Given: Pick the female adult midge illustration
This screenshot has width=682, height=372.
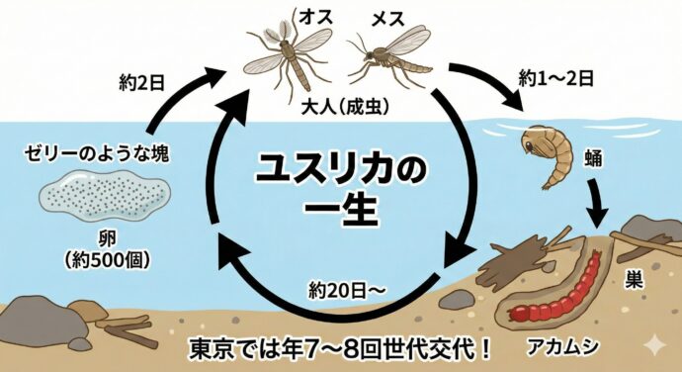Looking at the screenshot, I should point(390,60).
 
